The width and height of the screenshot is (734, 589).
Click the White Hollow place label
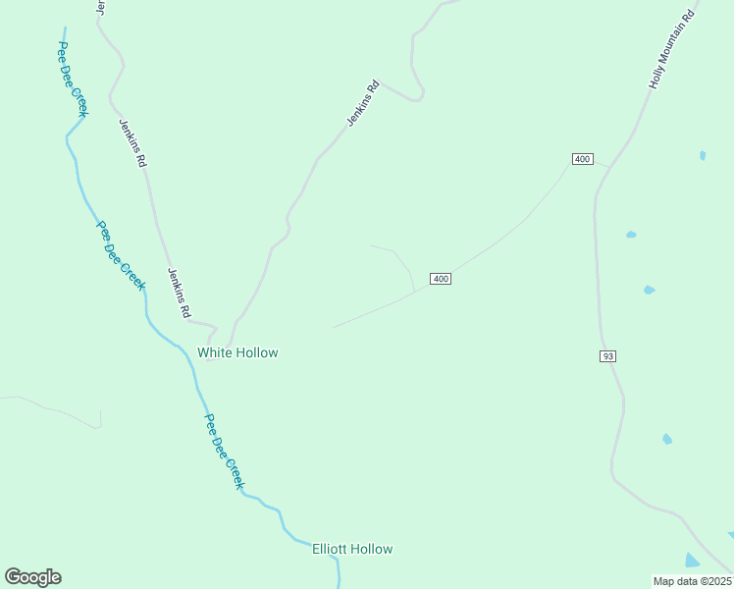click(237, 352)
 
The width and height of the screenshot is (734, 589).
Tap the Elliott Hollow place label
click(352, 549)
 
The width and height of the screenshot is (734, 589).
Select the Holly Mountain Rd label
click(672, 50)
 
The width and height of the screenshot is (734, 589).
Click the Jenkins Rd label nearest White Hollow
click(179, 293)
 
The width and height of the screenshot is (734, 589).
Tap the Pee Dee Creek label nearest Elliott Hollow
click(223, 452)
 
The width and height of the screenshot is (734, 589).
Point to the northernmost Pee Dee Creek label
click(73, 80)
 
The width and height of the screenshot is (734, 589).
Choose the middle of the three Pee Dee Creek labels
click(120, 254)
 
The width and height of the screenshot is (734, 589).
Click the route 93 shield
click(608, 355)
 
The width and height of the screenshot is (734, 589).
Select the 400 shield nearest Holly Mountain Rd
click(583, 159)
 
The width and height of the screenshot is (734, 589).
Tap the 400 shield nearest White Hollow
click(441, 279)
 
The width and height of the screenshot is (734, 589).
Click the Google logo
click(32, 577)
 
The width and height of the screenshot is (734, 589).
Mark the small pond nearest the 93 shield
click(649, 290)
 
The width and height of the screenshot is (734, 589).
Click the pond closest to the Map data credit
click(693, 561)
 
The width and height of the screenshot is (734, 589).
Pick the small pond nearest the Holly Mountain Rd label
click(703, 155)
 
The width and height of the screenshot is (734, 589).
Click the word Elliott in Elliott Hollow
click(331, 549)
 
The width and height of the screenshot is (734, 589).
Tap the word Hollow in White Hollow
click(258, 352)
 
